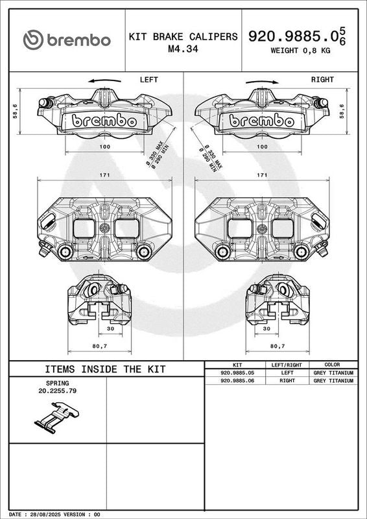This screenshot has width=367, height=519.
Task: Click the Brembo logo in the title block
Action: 67,40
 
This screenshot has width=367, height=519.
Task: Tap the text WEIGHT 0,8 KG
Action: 300,51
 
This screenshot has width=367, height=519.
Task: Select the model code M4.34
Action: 183,49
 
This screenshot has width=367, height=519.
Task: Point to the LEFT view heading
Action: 149,80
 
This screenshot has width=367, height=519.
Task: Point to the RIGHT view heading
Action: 322,80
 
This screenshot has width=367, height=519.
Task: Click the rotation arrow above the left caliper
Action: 104,80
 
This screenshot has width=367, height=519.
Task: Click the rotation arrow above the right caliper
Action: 262,82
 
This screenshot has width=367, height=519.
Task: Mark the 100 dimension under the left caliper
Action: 104,147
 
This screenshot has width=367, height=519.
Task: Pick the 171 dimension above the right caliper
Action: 262,175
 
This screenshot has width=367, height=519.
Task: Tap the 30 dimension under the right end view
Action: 266,329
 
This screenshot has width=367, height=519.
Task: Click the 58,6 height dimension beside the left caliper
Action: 15,112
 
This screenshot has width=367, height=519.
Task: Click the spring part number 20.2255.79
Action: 58,391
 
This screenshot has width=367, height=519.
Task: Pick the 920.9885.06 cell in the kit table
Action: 237,381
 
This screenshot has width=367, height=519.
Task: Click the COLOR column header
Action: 332,365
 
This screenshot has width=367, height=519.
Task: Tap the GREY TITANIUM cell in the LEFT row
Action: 333,372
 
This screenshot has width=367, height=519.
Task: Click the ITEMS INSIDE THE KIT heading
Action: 105,369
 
